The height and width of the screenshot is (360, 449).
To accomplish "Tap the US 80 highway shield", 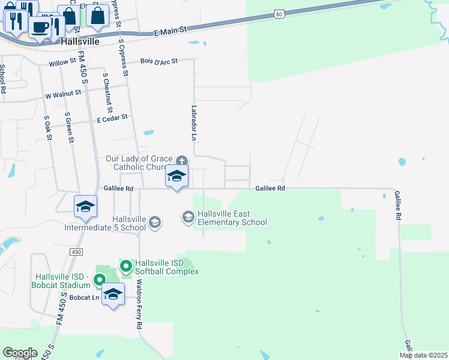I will click(278, 13).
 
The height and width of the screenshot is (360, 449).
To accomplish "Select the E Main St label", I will click(170, 30).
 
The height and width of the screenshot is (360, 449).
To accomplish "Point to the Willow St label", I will click(62, 61).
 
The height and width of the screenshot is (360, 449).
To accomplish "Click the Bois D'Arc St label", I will click(159, 61).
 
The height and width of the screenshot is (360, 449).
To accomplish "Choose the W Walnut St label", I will click(63, 94).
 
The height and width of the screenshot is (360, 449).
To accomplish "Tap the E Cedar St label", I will click(112, 118).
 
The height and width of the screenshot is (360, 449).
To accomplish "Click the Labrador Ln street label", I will click(194, 123).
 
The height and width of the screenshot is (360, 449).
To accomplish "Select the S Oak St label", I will click(47, 128).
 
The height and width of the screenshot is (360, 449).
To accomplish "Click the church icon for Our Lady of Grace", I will click(182, 160).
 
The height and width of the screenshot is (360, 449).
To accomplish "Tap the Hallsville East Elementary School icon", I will click(188, 216).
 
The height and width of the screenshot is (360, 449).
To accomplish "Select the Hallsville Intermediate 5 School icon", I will click(155, 223).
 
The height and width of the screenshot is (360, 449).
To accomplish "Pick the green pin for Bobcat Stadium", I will click(100, 280).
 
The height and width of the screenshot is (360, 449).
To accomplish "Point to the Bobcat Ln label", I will click(84, 298).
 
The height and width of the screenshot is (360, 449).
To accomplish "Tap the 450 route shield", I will click(76, 253).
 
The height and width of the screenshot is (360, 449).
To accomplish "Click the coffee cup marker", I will click(40, 27).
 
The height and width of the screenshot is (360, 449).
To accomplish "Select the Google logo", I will click(20, 353).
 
